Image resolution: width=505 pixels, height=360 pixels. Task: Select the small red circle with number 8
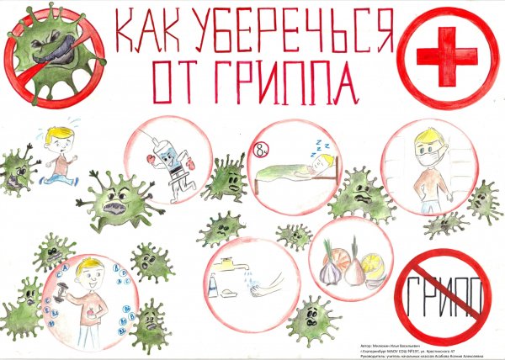[262, 149]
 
